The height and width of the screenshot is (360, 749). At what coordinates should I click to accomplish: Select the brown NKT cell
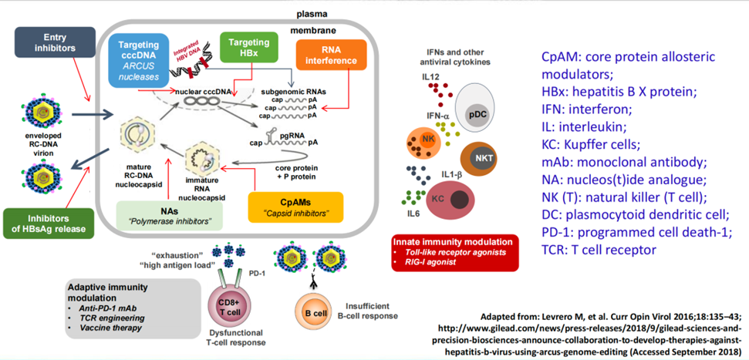coord(484,158)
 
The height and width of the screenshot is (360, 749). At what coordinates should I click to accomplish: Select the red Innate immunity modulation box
coord(454,251)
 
